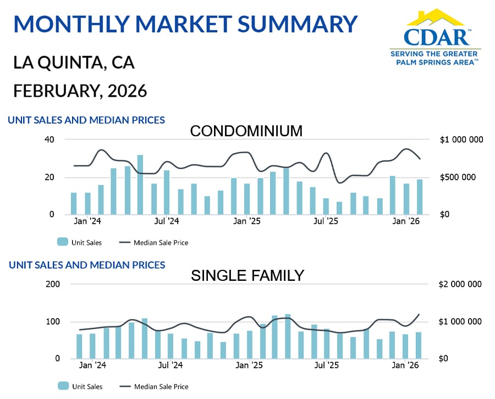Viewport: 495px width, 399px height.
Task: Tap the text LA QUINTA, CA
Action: [74, 63]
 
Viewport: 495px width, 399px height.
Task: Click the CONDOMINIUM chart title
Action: [246, 131]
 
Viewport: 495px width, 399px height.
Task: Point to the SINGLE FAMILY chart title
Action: [248, 275]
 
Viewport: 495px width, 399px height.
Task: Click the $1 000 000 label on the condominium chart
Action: [461, 140]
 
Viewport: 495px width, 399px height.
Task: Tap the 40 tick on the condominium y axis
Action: [50, 140]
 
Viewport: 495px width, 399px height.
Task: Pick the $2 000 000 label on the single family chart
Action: [461, 284]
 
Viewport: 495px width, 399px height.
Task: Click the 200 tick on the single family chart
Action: [52, 284]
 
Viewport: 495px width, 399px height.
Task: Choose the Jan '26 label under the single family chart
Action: [406, 365]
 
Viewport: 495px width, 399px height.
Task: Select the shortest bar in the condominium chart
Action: [339, 208]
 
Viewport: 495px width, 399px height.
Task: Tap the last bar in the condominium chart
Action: [420, 197]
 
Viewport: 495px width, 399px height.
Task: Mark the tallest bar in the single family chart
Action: [288, 336]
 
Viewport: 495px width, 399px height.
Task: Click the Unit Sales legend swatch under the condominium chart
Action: [63, 242]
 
